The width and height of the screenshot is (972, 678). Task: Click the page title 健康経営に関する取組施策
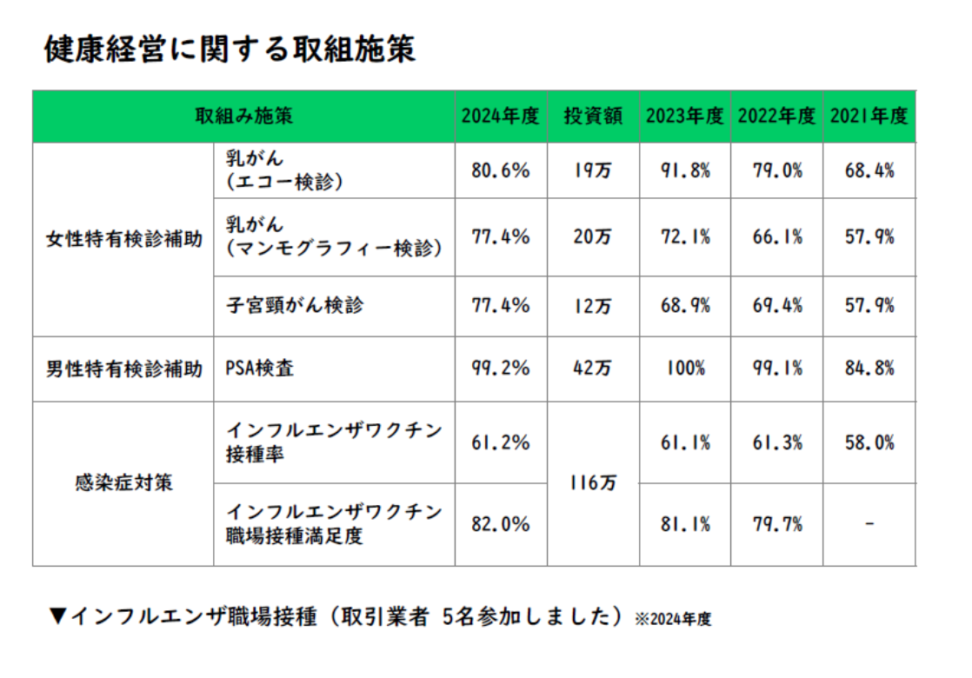pyautogui.click(x=230, y=50)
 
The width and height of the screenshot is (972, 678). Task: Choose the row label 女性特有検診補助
pyautogui.click(x=123, y=240)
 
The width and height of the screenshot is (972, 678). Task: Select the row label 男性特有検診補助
pyautogui.click(x=123, y=369)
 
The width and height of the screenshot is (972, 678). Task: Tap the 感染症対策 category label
pyautogui.click(x=123, y=483)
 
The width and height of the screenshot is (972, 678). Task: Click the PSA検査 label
pyautogui.click(x=260, y=369)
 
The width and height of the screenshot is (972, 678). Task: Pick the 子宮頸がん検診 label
pyautogui.click(x=295, y=305)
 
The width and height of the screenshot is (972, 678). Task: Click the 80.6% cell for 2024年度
pyautogui.click(x=500, y=170)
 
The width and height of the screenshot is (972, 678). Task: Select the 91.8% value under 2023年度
pyautogui.click(x=685, y=170)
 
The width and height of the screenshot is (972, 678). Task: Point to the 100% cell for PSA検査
pyautogui.click(x=685, y=369)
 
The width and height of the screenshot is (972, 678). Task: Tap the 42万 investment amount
pyautogui.click(x=592, y=369)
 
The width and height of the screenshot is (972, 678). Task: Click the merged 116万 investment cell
pyautogui.click(x=592, y=483)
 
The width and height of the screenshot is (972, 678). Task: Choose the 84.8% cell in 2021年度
pyautogui.click(x=869, y=369)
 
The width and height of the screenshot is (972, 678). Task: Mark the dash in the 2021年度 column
pyautogui.click(x=869, y=524)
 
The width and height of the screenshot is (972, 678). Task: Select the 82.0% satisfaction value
pyautogui.click(x=500, y=524)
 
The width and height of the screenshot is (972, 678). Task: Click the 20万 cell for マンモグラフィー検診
pyautogui.click(x=592, y=236)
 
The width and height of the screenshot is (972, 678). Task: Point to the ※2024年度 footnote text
pyautogui.click(x=673, y=620)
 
